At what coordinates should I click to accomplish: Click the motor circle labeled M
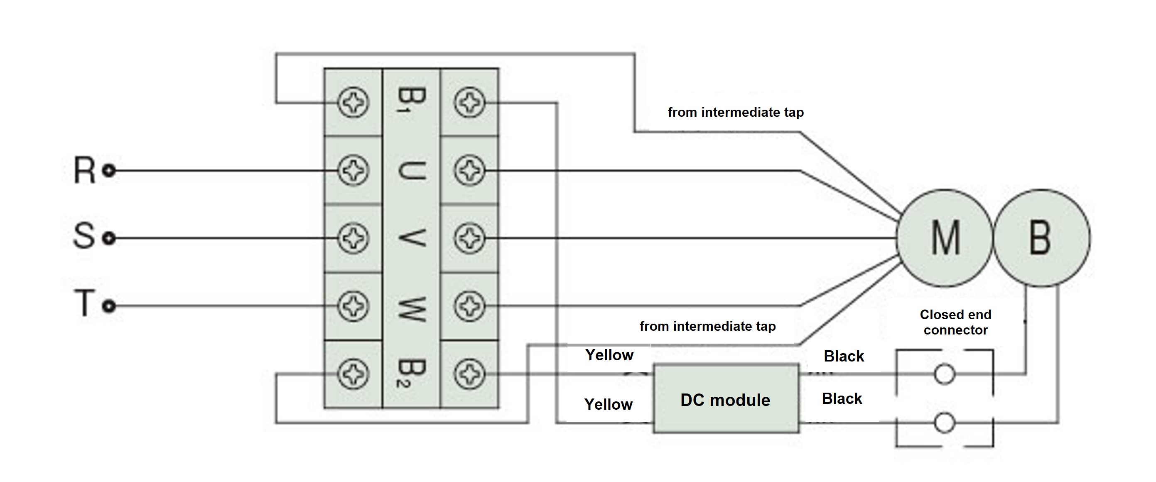[945, 238]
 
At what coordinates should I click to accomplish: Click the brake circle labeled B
[1041, 238]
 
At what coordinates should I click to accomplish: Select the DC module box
[726, 399]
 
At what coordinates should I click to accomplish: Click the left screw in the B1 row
[353, 103]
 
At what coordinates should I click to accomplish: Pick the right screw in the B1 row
[469, 103]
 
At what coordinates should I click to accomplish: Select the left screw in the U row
[353, 170]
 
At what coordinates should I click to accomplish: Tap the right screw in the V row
[469, 238]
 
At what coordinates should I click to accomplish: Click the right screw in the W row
[469, 306]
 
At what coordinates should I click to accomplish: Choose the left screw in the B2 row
[353, 374]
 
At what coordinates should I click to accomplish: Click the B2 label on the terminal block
[411, 373]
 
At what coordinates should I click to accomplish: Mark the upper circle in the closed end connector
[944, 374]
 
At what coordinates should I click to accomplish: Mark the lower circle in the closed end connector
[944, 423]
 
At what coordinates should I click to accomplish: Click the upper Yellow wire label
[609, 355]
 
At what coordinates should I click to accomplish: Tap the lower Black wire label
[842, 398]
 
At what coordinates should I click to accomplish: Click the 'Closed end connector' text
[955, 322]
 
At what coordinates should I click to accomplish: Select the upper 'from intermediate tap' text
[736, 112]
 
